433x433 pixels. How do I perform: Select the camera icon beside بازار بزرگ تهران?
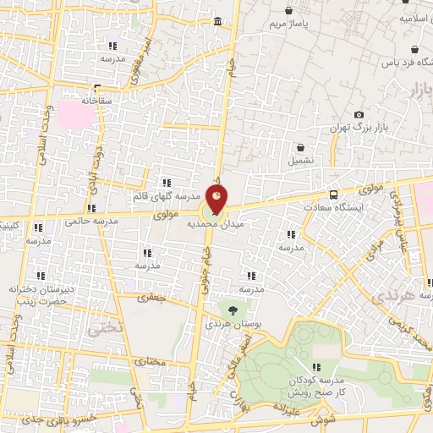359,114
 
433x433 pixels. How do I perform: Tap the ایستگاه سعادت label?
337,207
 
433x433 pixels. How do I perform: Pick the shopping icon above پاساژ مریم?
290,11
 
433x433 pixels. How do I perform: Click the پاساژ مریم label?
290,25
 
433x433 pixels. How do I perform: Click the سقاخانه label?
98,100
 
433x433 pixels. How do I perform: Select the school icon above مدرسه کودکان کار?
316,367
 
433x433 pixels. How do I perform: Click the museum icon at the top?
218,20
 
